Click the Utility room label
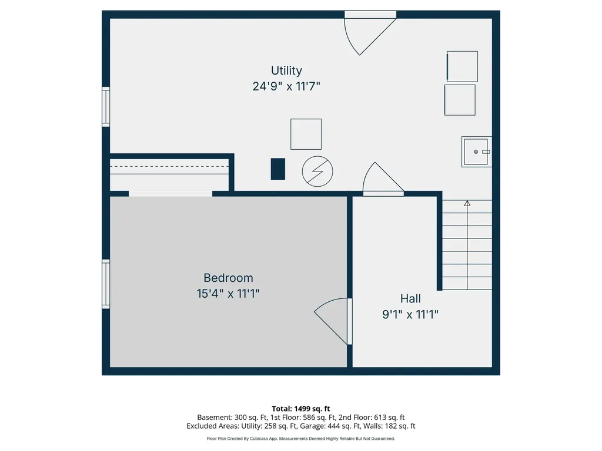pos(286,70)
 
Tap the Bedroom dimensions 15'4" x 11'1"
pos(228,294)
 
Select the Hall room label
pos(410,298)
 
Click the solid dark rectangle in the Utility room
pos(278,169)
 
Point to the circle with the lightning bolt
pos(317,171)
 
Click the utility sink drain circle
pos(476,152)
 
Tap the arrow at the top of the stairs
pos(467,203)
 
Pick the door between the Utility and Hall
pos(383,179)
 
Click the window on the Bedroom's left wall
pos(106,284)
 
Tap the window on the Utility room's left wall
pos(106,107)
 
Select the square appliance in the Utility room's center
pos(306,134)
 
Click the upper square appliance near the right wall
pos(462,66)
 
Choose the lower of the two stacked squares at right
pos(460,100)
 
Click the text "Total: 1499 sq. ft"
pos(301,409)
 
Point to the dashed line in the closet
pos(169,166)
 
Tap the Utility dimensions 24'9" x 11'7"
pos(286,86)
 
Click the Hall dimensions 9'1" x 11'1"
pos(410,315)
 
